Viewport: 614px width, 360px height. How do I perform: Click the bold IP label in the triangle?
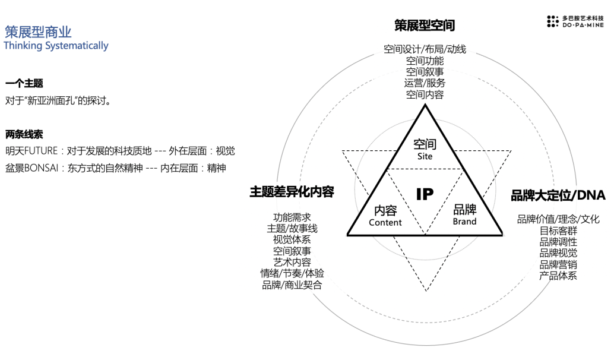pos(425,194)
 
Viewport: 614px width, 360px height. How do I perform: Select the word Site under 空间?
pos(425,157)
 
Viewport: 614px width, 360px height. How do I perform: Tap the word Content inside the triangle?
pos(385,223)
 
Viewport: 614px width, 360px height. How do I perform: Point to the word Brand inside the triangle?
pos(464,222)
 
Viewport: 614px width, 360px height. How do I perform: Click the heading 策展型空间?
pos(425,26)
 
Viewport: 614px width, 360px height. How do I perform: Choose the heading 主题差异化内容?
pos(292,191)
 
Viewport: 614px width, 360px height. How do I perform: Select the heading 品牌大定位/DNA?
pos(558,195)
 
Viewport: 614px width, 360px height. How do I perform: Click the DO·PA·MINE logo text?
pos(583,26)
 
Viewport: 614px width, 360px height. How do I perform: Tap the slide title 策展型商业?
pos(38,31)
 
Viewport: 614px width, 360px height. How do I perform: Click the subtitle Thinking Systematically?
pos(56,46)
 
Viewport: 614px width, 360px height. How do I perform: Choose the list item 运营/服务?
pos(425,83)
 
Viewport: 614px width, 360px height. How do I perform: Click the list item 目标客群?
pos(558,230)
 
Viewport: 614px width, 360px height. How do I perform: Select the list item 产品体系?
pos(558,276)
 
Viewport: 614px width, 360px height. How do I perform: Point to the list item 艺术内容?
pos(292,262)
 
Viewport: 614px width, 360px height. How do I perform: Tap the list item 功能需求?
pos(292,217)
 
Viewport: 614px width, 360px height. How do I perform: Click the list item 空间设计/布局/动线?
pos(425,49)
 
